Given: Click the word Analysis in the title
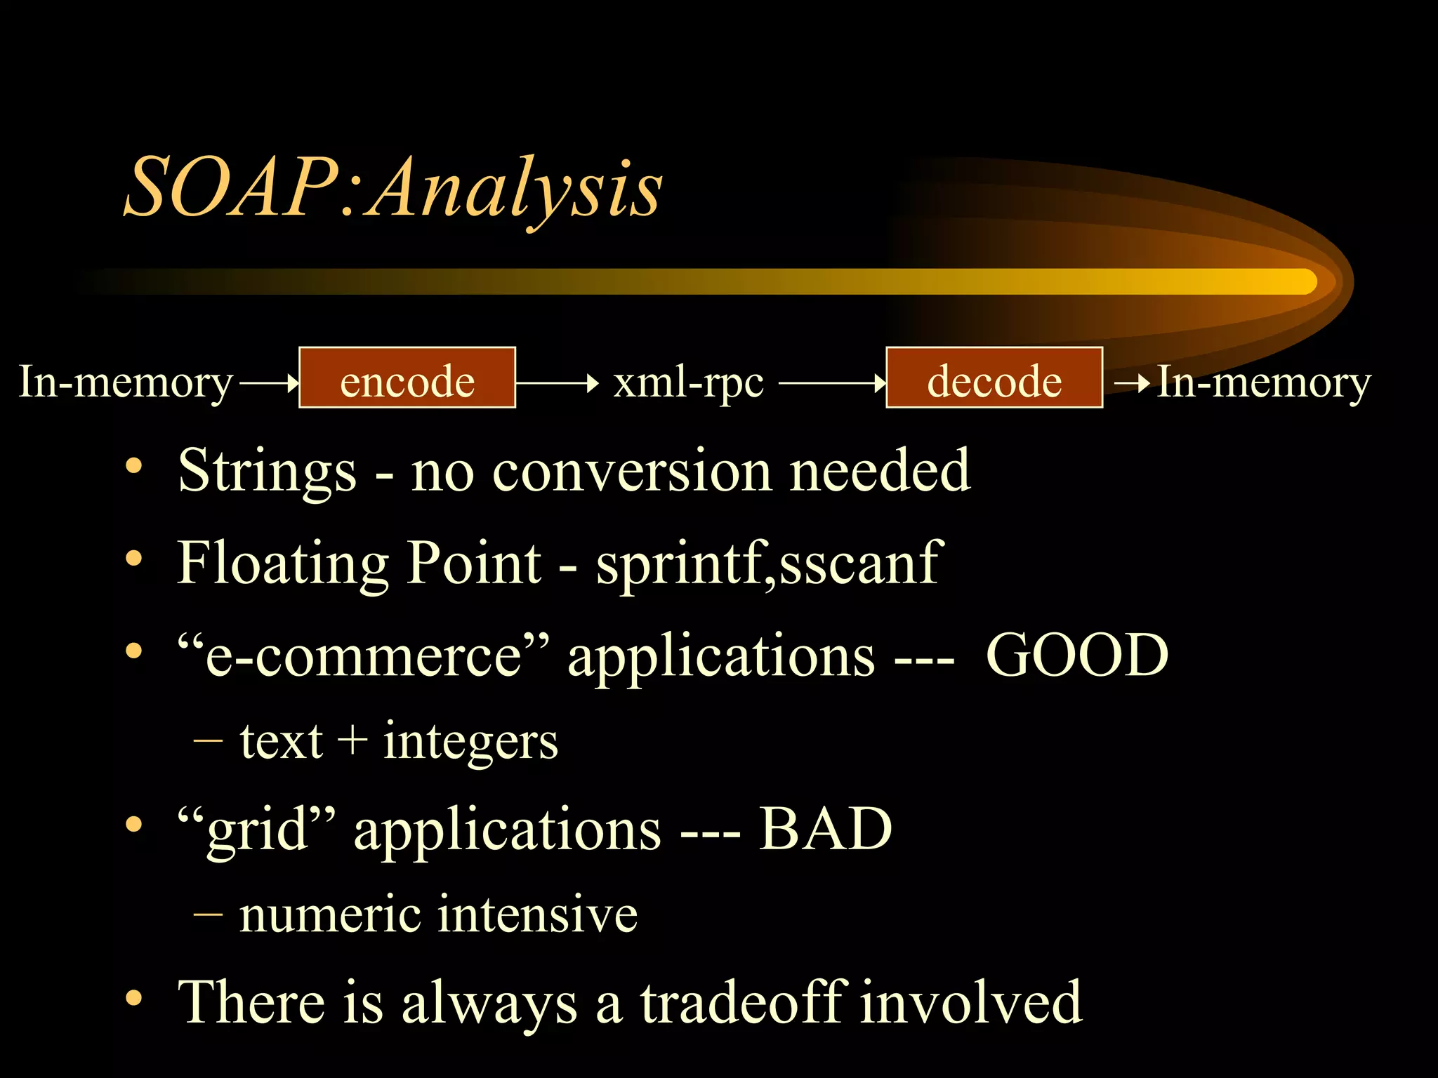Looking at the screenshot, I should click(516, 188).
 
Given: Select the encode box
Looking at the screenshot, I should click(407, 378).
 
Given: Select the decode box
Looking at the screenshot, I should click(994, 378).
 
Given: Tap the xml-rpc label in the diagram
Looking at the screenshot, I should click(688, 382).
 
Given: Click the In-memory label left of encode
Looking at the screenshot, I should click(125, 382).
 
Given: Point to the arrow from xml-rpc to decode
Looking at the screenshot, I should click(832, 383).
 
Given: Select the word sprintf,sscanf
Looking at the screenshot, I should click(769, 563).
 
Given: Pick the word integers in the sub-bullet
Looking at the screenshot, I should click(470, 743).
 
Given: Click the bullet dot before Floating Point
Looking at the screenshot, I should click(133, 559).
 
